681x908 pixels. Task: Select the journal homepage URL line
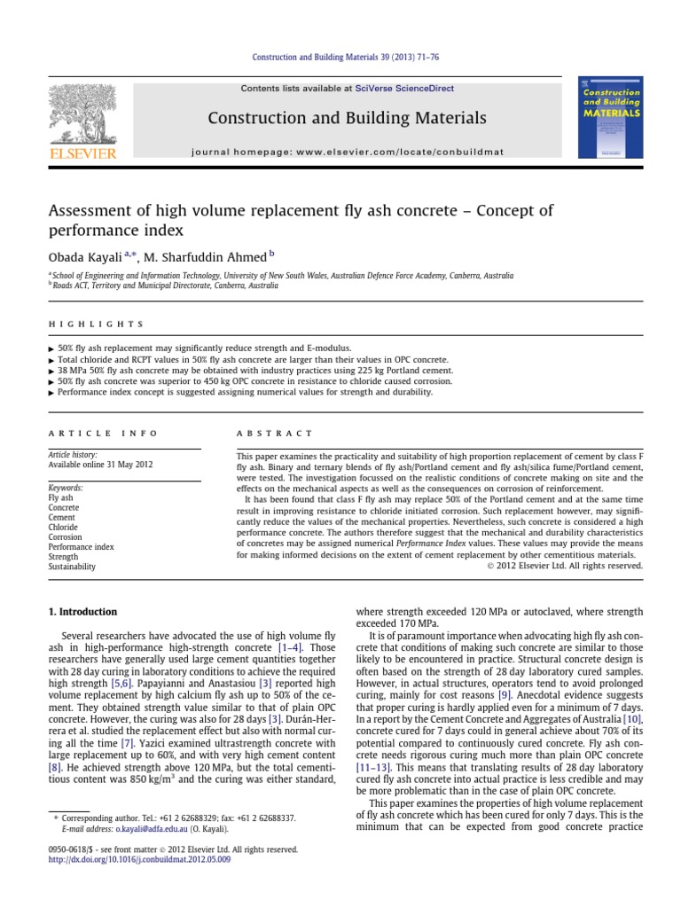(347, 152)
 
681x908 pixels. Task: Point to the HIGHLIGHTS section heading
(96, 325)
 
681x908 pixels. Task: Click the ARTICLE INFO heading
(103, 434)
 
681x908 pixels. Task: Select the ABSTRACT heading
(275, 434)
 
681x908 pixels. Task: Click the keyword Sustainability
(72, 566)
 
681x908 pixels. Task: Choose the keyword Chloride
(63, 527)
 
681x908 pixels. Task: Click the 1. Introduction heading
(82, 612)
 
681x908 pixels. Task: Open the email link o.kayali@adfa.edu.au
(151, 829)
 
